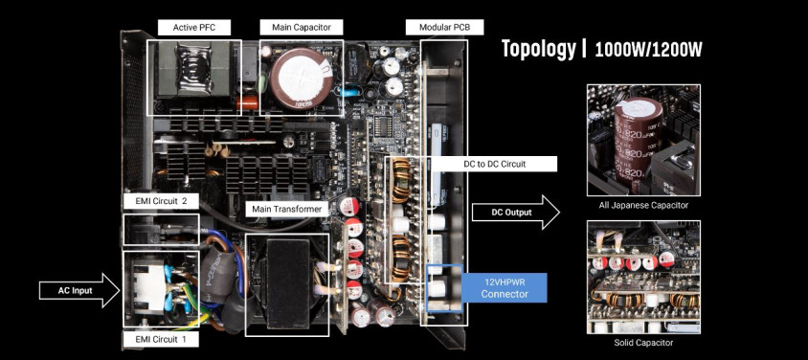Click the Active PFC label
[193, 28]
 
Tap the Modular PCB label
[445, 28]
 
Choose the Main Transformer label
[286, 209]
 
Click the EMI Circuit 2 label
[161, 201]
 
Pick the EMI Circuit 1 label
[160, 339]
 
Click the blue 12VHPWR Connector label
[505, 288]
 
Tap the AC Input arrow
[79, 290]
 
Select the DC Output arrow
[516, 213]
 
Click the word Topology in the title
[538, 49]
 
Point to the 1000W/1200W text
[649, 50]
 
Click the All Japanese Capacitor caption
[643, 205]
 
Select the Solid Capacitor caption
[643, 343]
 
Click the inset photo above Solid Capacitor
[643, 277]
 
